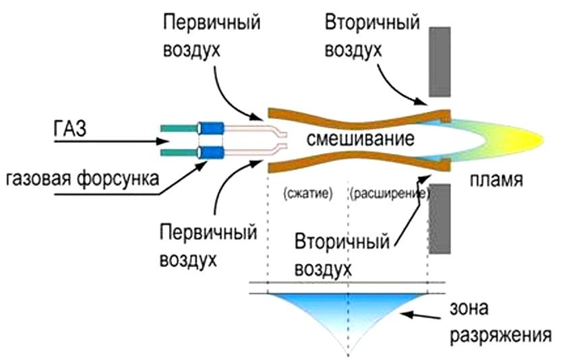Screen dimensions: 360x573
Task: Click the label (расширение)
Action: [x=389, y=193]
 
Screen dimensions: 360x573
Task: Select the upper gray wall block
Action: [x=439, y=62]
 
